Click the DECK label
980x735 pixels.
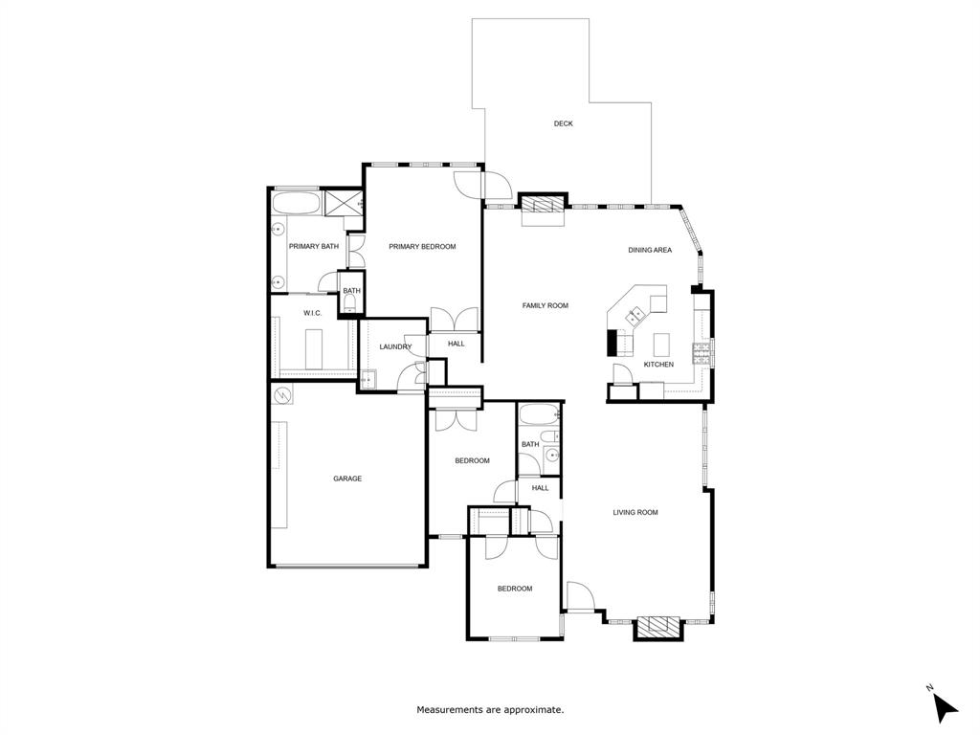(x=563, y=123)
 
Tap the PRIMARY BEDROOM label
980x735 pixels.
(x=422, y=247)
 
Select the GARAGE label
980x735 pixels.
(x=347, y=479)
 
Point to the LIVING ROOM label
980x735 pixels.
(x=635, y=513)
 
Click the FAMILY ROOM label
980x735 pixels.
(x=545, y=305)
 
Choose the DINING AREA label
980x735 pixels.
(x=650, y=250)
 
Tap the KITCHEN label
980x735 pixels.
(x=658, y=365)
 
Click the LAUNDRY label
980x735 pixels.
(x=395, y=346)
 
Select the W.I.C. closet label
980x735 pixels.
(x=313, y=313)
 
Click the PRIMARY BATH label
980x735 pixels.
(x=314, y=247)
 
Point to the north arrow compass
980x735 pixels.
(x=945, y=705)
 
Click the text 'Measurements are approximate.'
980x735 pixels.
(x=491, y=709)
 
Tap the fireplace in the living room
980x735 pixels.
(x=658, y=627)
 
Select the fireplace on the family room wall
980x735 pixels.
(x=543, y=207)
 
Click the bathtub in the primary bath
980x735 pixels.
(x=296, y=204)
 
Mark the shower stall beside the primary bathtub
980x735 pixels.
(x=343, y=203)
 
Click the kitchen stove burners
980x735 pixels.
(x=701, y=353)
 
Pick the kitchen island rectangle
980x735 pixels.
(x=661, y=345)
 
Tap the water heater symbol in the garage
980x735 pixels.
(x=283, y=395)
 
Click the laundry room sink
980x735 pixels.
(x=368, y=380)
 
